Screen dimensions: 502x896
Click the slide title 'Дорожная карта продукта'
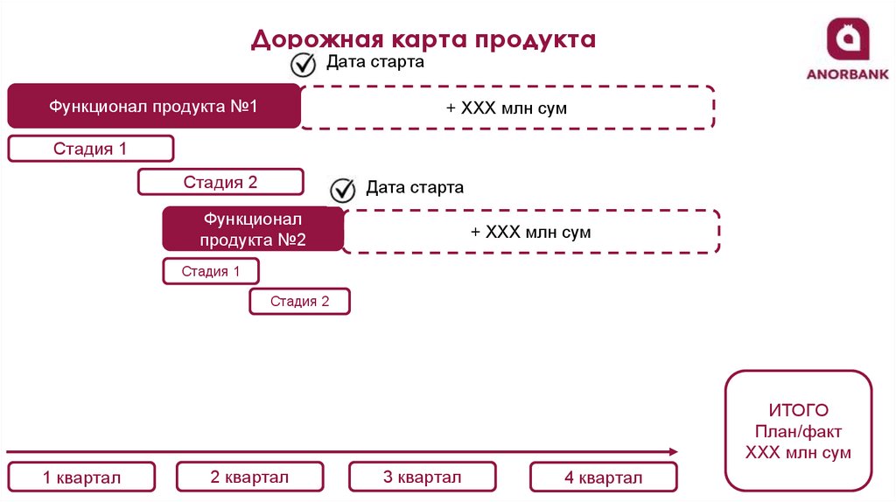pyautogui.click(x=423, y=39)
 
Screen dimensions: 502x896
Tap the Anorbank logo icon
pyautogui.click(x=847, y=39)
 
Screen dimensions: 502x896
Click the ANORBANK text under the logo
pyautogui.click(x=847, y=74)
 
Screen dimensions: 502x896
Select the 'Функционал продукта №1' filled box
pyautogui.click(x=154, y=107)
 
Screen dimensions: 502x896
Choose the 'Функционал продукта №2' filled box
pyautogui.click(x=253, y=229)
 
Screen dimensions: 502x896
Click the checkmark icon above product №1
pyautogui.click(x=304, y=65)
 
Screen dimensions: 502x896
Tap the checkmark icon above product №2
pyautogui.click(x=343, y=190)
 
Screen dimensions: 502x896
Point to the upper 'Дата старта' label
pyautogui.click(x=375, y=62)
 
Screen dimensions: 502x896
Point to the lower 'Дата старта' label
pyautogui.click(x=415, y=187)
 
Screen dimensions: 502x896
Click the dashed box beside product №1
pyautogui.click(x=507, y=108)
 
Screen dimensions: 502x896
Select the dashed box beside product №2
pyautogui.click(x=531, y=232)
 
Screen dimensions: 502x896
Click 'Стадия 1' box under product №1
pyautogui.click(x=90, y=149)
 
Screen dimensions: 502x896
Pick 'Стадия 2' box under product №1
pyautogui.click(x=220, y=182)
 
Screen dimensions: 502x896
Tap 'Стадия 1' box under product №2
pyautogui.click(x=211, y=271)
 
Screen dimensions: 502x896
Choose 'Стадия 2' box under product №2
pyautogui.click(x=300, y=302)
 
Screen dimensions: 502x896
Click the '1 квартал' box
pyautogui.click(x=81, y=478)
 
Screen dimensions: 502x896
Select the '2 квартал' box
pyautogui.click(x=249, y=477)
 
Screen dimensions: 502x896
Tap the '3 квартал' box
pyautogui.click(x=422, y=477)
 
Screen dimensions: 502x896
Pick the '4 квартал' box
pyautogui.click(x=603, y=478)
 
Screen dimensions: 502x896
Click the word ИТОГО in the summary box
pyautogui.click(x=798, y=410)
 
